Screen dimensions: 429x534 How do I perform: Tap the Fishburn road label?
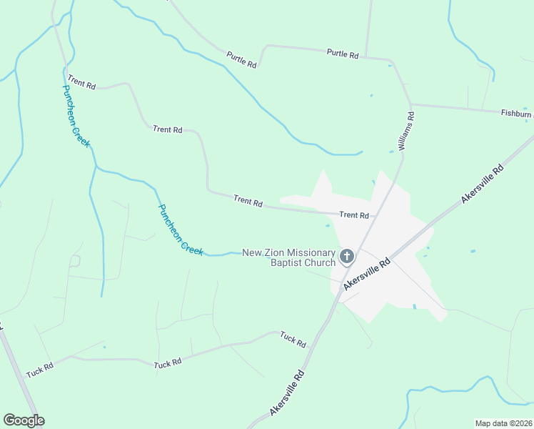tap(515, 113)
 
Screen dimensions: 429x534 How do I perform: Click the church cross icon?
tap(347, 256)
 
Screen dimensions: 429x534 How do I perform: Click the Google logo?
tap(24, 420)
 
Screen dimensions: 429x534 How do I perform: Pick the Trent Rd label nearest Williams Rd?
tap(354, 214)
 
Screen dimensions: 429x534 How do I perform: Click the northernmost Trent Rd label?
tap(81, 84)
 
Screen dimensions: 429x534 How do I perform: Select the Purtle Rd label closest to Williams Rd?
tap(342, 54)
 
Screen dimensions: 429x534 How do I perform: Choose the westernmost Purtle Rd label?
tap(241, 59)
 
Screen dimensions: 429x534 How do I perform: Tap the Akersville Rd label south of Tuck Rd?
tap(288, 394)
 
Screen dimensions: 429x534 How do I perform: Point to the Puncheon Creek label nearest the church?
tap(181, 230)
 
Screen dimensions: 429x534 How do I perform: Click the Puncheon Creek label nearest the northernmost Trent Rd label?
tap(76, 116)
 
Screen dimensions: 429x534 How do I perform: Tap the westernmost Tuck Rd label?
tap(40, 370)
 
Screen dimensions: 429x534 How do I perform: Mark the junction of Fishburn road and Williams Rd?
tap(411, 104)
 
